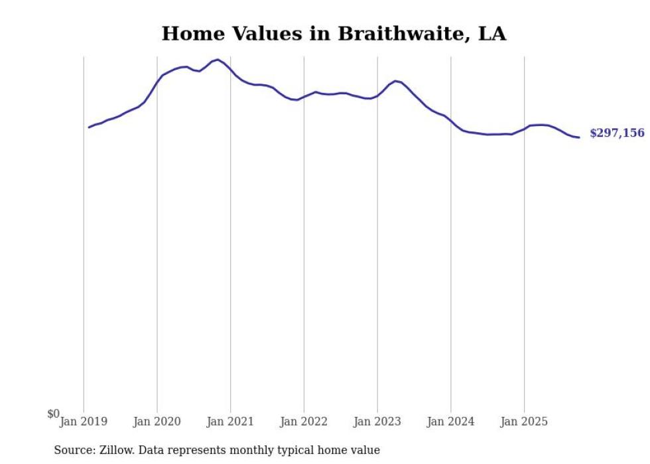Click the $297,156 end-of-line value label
pos(616,133)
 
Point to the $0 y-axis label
pos(53,414)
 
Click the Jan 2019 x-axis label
pos(84,422)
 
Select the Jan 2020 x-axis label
pos(157,422)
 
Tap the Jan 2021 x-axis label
pos(230,422)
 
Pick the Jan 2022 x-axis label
pos(304,422)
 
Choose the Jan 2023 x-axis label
pos(377,422)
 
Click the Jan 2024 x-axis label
pos(451,422)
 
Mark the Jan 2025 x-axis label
pos(524,422)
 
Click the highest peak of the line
pos(218,60)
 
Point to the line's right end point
pos(579,137)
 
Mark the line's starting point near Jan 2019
pos(89,127)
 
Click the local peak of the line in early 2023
pos(395,81)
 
